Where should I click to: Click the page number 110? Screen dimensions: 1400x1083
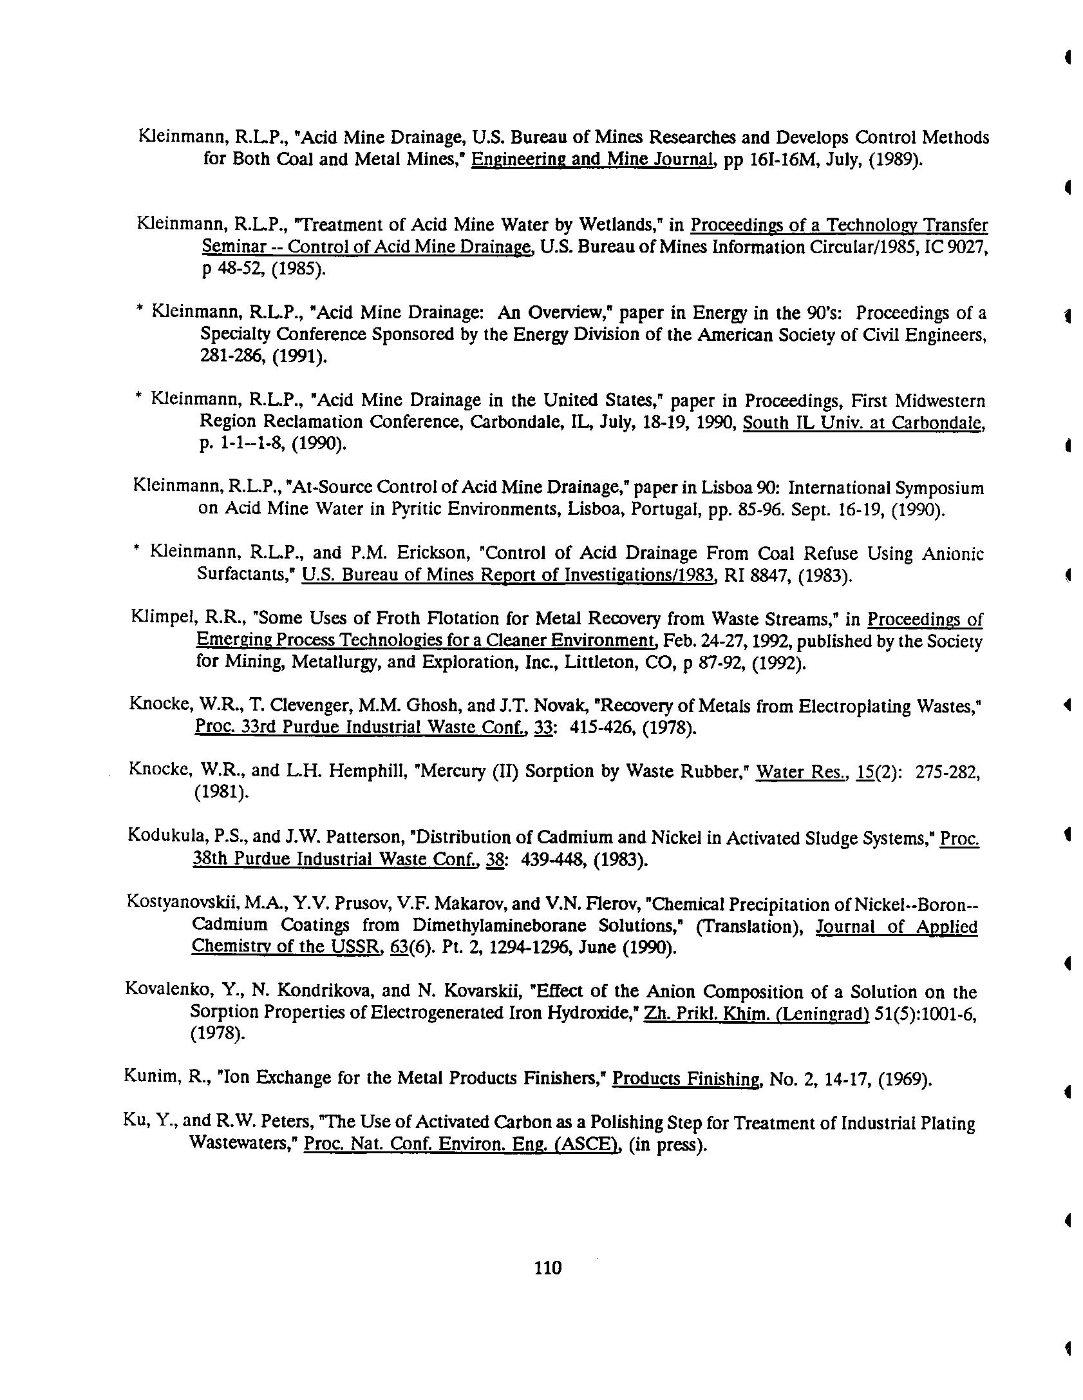click(547, 1268)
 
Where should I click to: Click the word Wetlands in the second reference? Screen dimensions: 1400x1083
click(617, 225)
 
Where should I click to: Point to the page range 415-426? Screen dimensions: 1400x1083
click(603, 728)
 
